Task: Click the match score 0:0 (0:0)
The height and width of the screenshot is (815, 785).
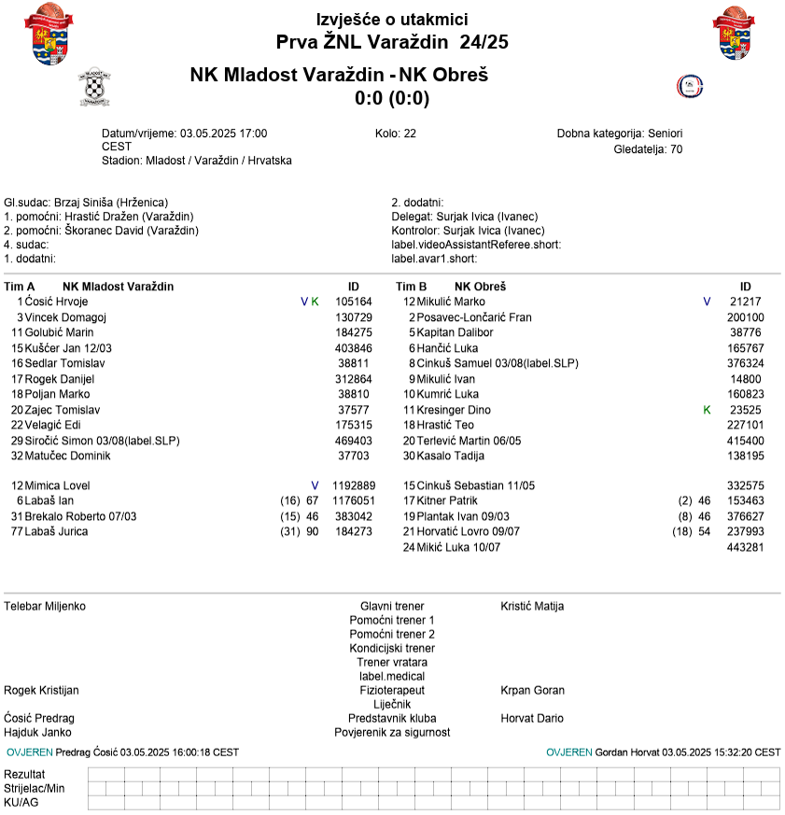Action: tap(392, 98)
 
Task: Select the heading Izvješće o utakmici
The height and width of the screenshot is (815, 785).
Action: tap(392, 20)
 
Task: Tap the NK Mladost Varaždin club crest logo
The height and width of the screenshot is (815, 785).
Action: tap(94, 88)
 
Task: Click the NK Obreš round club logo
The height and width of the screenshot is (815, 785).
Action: tap(689, 87)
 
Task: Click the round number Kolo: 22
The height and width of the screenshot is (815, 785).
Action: tap(395, 133)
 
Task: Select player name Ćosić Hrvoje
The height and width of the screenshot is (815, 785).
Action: tap(57, 302)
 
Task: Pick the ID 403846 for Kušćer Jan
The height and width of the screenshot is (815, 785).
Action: tap(354, 348)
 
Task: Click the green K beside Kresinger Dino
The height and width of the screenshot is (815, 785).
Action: tap(707, 410)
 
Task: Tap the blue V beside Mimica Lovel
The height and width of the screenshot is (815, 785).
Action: tap(315, 485)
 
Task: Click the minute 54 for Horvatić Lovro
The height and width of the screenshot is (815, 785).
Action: tap(705, 531)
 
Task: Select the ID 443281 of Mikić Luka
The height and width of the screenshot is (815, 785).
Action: tap(745, 547)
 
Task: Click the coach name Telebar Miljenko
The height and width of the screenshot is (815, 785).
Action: tap(45, 606)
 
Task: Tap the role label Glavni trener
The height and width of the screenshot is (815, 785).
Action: tap(392, 606)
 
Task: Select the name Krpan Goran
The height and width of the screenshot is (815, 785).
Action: tap(532, 691)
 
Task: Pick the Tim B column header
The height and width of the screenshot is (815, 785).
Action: tap(412, 287)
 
